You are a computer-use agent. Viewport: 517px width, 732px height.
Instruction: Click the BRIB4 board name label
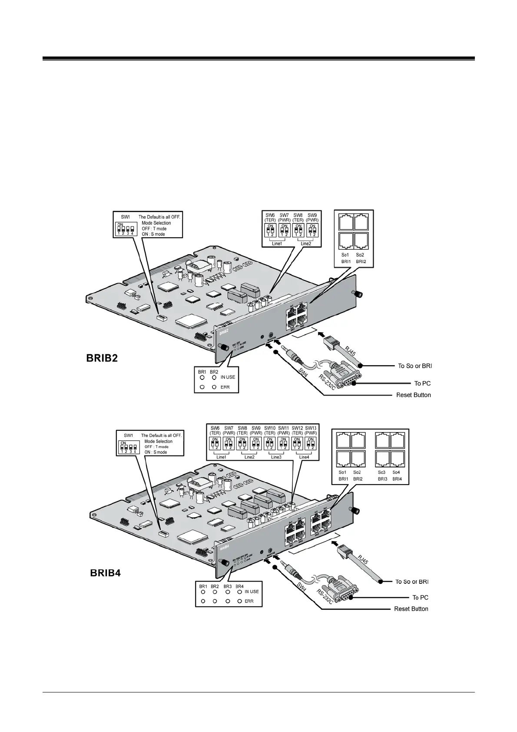pyautogui.click(x=105, y=572)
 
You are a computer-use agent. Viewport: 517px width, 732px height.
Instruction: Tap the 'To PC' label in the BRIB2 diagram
pyautogui.click(x=422, y=383)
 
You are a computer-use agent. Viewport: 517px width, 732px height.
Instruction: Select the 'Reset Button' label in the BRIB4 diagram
pyautogui.click(x=411, y=609)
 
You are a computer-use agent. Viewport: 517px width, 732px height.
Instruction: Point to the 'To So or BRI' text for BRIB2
pyautogui.click(x=415, y=366)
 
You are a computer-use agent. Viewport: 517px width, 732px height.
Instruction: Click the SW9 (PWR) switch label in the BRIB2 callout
pyautogui.click(x=312, y=218)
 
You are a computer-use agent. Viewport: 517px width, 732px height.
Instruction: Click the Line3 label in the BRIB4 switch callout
pyautogui.click(x=276, y=457)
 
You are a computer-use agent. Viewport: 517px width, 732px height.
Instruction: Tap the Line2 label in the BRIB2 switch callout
pyautogui.click(x=306, y=243)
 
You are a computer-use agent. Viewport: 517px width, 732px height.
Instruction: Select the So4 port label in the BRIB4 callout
pyautogui.click(x=396, y=472)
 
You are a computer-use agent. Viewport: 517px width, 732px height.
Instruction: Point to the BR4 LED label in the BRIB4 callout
pyautogui.click(x=239, y=586)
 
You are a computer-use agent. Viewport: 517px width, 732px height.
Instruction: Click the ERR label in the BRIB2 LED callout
pyautogui.click(x=225, y=387)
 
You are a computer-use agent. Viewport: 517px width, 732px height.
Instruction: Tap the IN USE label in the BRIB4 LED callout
pyautogui.click(x=252, y=592)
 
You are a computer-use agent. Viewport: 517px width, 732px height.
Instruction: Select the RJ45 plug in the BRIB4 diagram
pyautogui.click(x=345, y=555)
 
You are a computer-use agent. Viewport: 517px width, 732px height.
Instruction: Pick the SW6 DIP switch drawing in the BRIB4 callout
pyautogui.click(x=215, y=443)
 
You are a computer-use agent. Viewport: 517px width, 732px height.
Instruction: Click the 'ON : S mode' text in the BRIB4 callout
pyautogui.click(x=156, y=452)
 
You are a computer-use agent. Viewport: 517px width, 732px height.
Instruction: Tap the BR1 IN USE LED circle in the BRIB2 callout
pyautogui.click(x=202, y=377)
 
